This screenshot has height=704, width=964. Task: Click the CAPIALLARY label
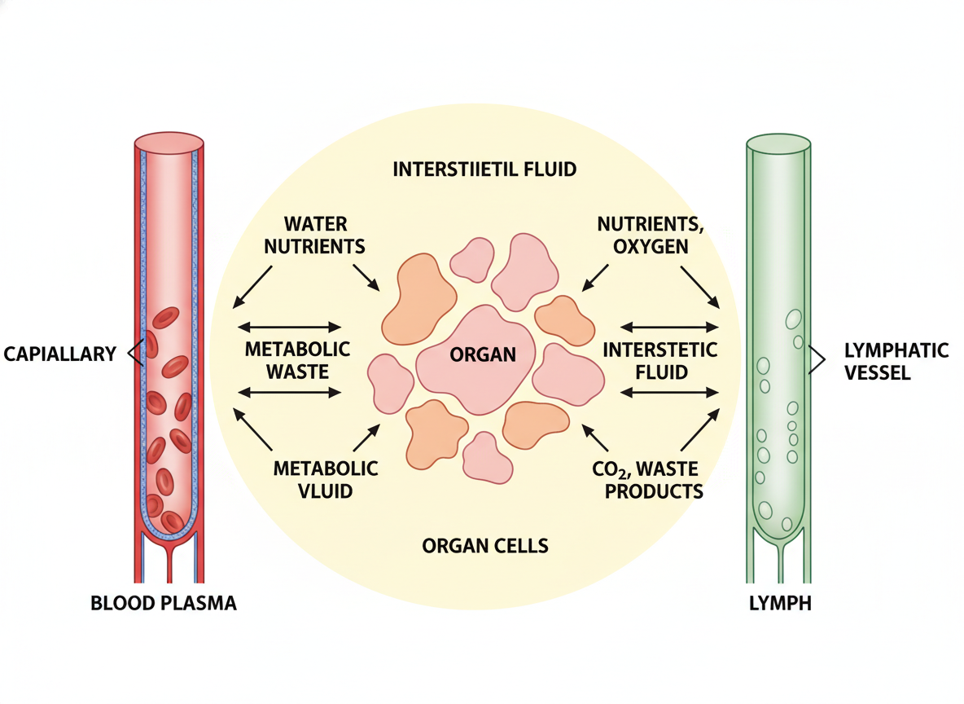[60, 354]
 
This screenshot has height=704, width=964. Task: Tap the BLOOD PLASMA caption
[164, 604]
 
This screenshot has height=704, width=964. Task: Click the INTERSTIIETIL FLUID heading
[484, 169]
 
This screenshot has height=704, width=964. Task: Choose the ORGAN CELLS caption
[484, 546]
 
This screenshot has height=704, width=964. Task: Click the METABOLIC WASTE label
[297, 360]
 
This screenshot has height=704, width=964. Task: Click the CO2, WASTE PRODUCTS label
[648, 480]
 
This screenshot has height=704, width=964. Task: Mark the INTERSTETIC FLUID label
[660, 360]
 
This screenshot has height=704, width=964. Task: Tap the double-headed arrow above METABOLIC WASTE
[290, 327]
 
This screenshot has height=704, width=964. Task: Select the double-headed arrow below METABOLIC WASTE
[290, 392]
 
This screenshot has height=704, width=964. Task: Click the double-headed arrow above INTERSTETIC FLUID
[669, 327]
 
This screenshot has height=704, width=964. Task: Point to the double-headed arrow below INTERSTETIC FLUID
[669, 392]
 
